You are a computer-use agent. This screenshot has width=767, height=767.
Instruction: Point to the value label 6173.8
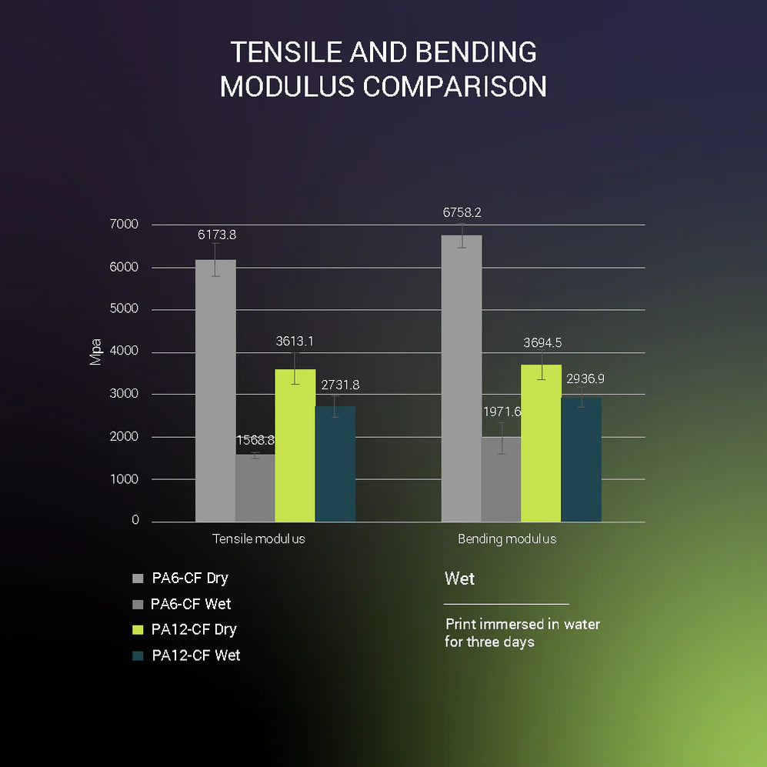coord(217,235)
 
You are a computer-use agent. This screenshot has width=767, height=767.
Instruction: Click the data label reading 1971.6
coord(502,412)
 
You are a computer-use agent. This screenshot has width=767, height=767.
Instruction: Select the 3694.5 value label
coord(542,343)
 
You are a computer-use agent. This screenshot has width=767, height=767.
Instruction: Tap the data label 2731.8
coord(340,385)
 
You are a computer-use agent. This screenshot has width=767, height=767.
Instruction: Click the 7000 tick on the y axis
coord(124,225)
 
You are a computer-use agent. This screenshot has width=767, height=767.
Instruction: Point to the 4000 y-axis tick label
coord(124,352)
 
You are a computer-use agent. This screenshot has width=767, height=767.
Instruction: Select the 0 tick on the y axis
coord(135,521)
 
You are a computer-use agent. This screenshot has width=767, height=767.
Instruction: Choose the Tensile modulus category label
coord(258,539)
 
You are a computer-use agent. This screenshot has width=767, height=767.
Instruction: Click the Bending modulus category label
coord(507,539)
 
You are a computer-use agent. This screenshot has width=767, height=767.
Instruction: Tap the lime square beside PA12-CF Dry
coord(138,630)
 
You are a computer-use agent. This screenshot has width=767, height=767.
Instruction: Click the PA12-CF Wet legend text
coord(196,655)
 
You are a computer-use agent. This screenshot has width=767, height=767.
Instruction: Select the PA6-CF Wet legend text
coord(191,604)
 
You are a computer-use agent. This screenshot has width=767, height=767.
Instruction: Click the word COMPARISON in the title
coord(455,86)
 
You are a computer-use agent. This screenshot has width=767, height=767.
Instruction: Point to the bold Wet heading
coord(460,579)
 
